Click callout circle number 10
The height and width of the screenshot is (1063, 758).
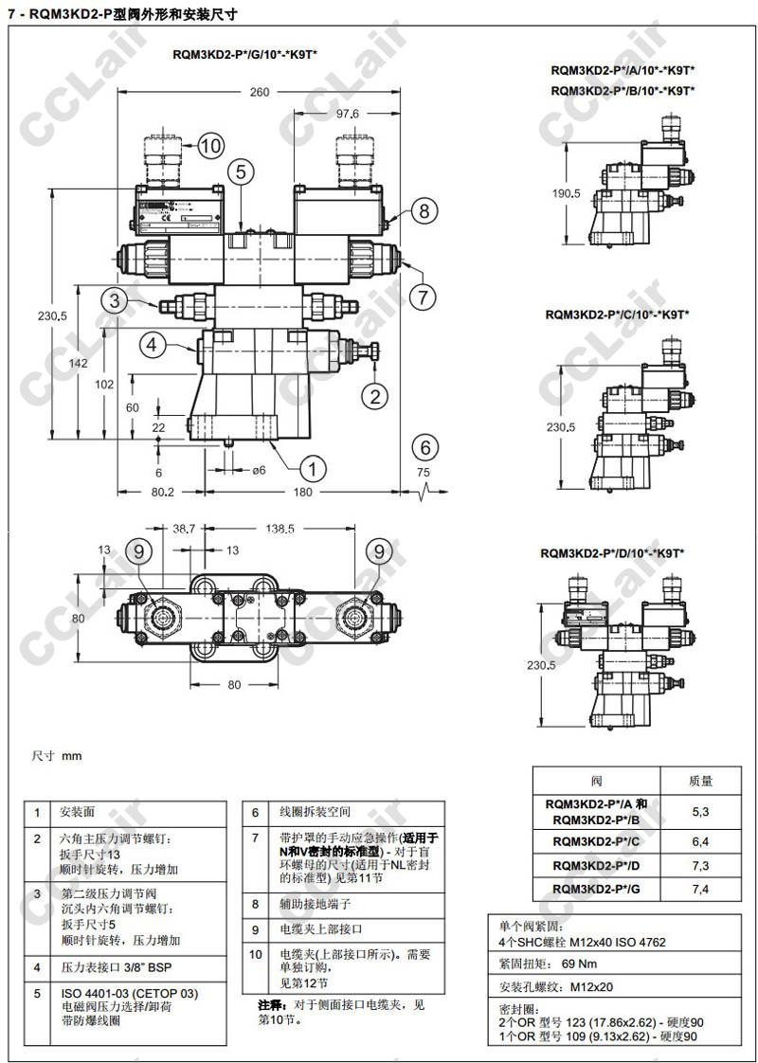coord(209,145)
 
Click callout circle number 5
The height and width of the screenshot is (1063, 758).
coord(242,171)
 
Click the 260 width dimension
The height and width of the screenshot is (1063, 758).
coord(260,92)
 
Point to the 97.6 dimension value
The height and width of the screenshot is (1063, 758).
coord(348,114)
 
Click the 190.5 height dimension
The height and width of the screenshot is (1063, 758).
coord(565,193)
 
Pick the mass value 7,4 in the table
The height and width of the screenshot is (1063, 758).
coord(700,888)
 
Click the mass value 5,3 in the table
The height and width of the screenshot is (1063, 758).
coord(700,811)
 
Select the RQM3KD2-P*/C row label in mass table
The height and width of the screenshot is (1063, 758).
coord(596,840)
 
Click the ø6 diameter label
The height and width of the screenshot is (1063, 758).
coord(256,470)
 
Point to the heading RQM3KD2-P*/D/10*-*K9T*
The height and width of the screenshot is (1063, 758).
coord(612,552)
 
